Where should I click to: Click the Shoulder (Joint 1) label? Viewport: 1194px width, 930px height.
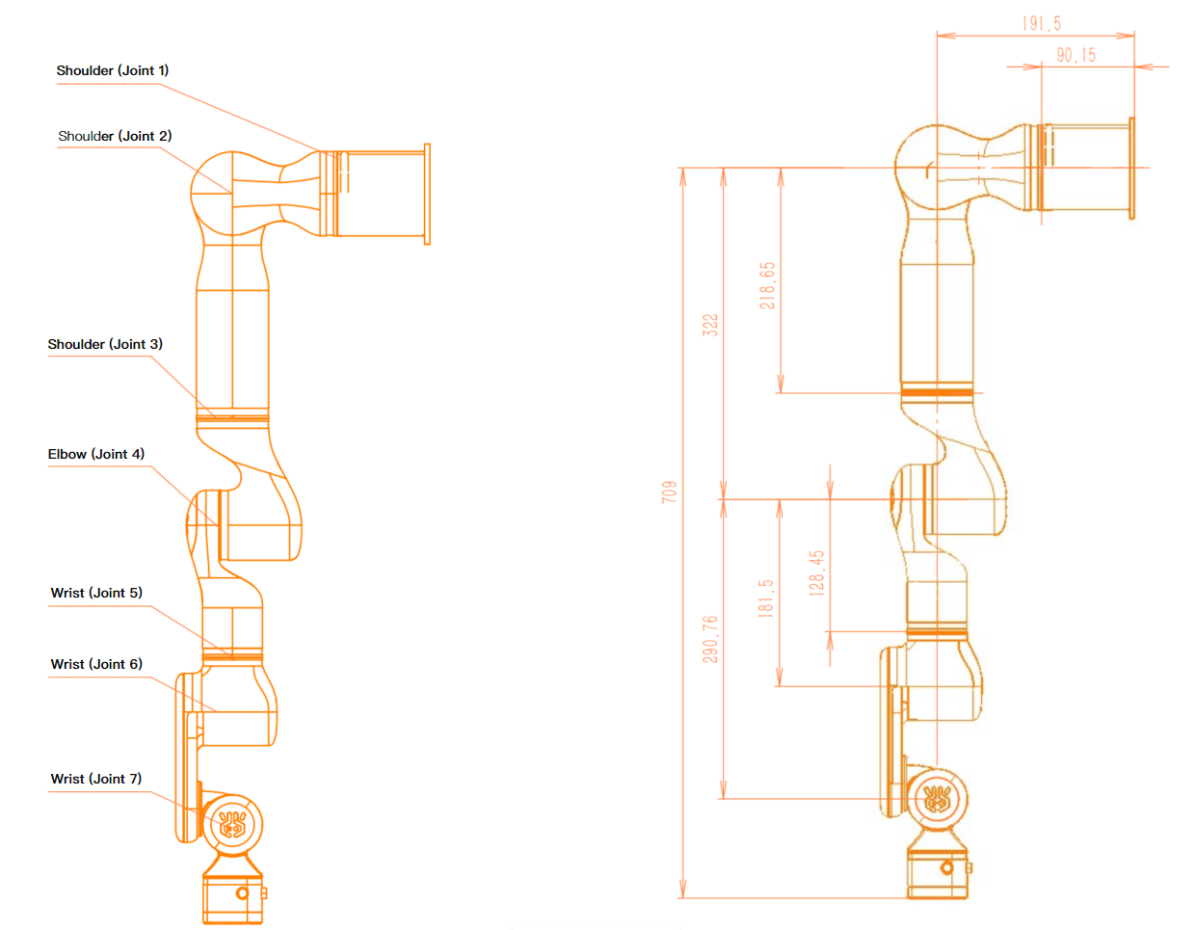(113, 70)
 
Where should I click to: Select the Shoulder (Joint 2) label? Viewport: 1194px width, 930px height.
(115, 136)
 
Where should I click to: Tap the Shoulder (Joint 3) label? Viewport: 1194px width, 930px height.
(105, 344)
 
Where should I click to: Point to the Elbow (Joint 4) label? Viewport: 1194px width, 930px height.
(96, 454)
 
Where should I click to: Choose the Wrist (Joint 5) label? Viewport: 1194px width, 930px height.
(96, 593)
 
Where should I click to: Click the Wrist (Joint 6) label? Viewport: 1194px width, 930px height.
(96, 664)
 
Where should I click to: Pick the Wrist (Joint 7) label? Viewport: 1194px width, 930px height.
(96, 779)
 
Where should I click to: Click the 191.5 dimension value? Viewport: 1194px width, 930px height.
(1041, 23)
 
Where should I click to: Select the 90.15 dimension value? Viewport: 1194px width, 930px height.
(1075, 55)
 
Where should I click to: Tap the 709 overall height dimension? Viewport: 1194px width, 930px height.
(670, 492)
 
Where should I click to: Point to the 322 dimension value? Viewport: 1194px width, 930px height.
(710, 325)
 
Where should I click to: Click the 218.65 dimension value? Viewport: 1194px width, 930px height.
(767, 285)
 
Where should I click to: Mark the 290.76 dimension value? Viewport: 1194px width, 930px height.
(710, 639)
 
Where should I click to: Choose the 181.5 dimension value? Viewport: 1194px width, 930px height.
(766, 598)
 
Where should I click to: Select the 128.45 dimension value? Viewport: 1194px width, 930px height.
(816, 573)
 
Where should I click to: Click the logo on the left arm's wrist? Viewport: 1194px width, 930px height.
(232, 824)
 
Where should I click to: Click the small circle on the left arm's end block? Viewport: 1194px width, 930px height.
(242, 893)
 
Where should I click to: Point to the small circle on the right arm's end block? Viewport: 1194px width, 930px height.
(947, 867)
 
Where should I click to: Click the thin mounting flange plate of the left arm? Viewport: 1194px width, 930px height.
(427, 194)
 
